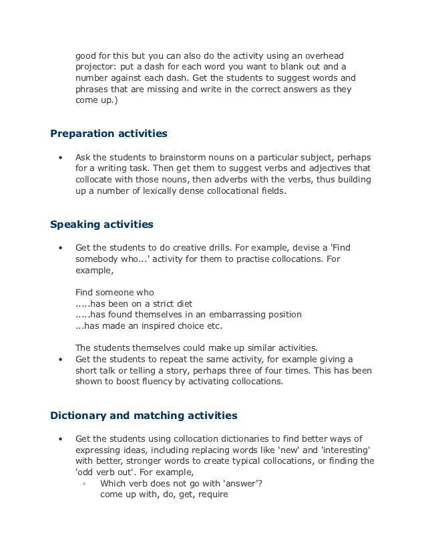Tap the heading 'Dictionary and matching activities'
coord(144,415)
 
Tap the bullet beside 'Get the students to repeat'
coord(61,359)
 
